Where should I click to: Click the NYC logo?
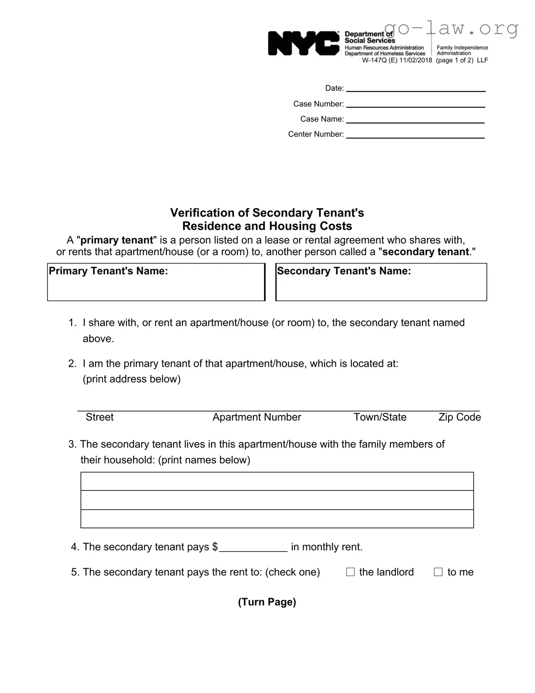pos(304,43)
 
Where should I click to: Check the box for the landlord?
pos(350,572)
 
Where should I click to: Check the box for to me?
pos(438,572)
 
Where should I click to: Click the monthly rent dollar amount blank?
pos(253,547)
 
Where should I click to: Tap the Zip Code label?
pos(459,417)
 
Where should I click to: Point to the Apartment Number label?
pos(257,417)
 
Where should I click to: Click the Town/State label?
pos(380,417)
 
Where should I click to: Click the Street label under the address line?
pos(100,417)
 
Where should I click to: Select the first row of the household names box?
pos(277,481)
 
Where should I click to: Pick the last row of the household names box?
pos(277,519)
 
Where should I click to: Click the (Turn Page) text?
pos(267,602)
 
